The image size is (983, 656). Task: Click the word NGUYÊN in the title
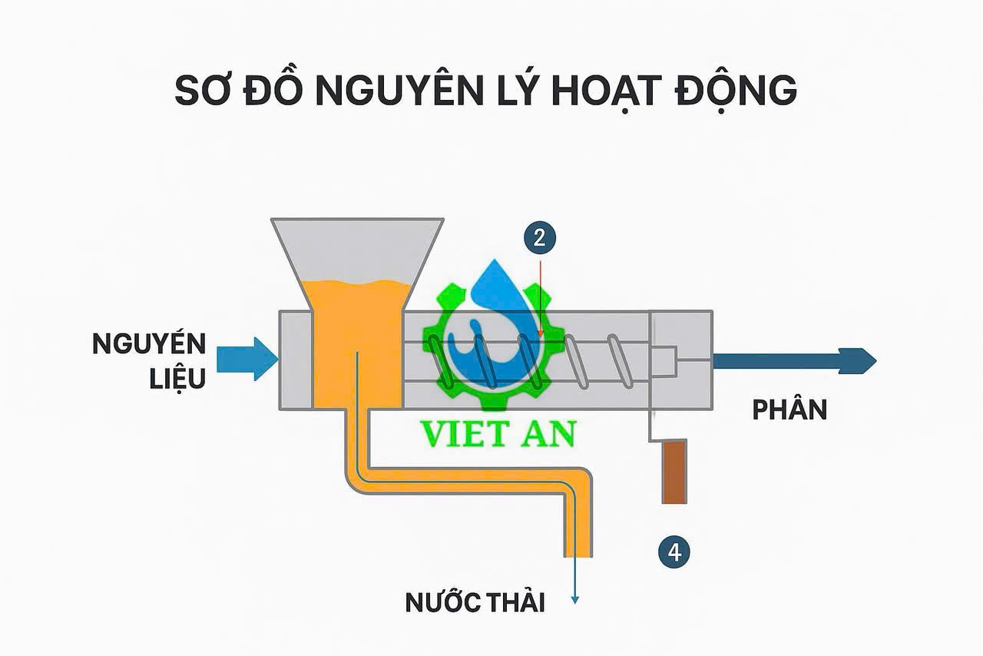coord(396,91)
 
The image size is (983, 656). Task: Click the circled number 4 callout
coord(674,552)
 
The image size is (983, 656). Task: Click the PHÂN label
coord(789,409)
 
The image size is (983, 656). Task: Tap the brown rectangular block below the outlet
coord(674,472)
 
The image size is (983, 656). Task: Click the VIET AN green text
coord(498,433)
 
